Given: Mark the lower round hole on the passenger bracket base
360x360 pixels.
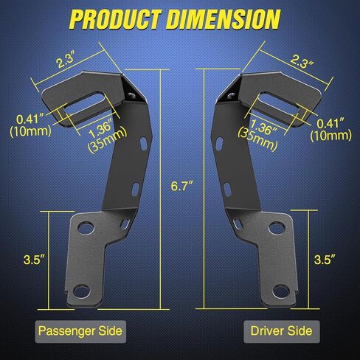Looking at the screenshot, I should (86, 288).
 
